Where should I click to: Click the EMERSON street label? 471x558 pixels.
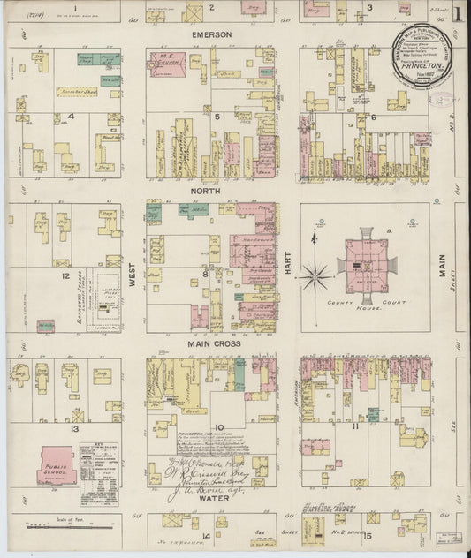click(212, 34)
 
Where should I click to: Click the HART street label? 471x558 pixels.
click(288, 268)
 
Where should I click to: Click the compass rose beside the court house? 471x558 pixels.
click(315, 276)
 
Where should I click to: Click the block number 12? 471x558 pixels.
click(65, 276)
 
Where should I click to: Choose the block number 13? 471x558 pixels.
click(77, 429)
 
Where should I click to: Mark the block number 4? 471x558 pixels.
click(70, 116)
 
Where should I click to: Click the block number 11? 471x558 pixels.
click(354, 426)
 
